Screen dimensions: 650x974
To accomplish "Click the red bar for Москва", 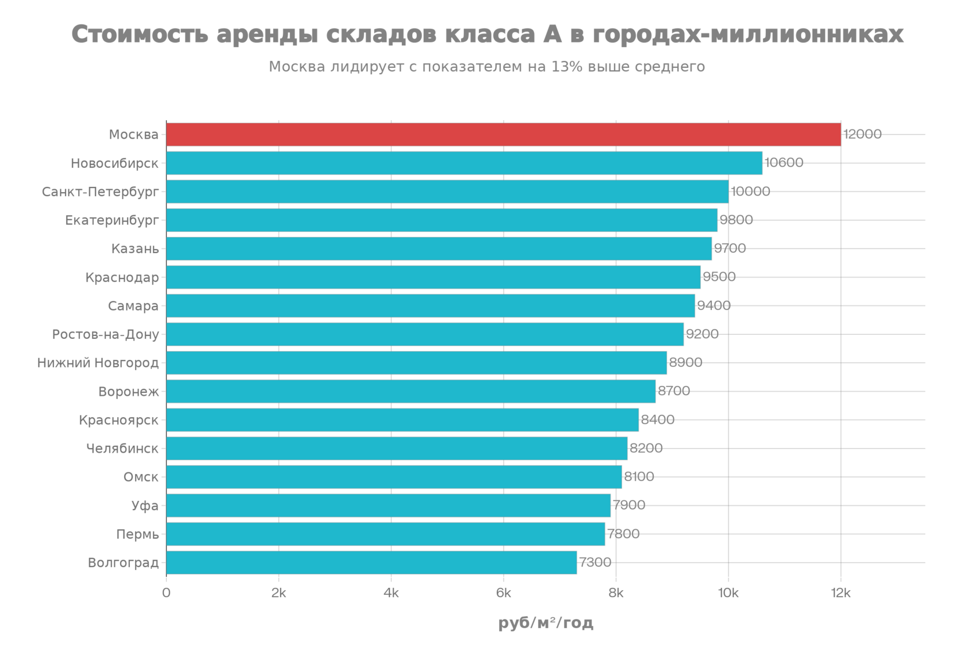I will click(503, 135).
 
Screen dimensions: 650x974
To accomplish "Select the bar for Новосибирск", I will click(465, 163).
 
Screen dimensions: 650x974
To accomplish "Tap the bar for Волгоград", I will click(372, 562).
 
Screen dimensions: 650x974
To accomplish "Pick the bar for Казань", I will click(439, 248).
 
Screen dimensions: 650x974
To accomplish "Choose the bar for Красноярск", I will click(403, 420).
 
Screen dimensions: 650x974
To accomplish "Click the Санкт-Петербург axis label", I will click(100, 192).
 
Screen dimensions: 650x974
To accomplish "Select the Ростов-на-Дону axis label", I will click(105, 334).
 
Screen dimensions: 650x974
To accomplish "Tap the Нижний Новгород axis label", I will click(97, 363).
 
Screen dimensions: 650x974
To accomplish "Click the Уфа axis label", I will click(144, 505).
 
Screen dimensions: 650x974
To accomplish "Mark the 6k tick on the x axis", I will click(504, 593).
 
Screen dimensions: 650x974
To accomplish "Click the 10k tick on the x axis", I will click(728, 593).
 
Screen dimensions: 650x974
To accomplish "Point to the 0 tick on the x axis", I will click(166, 593).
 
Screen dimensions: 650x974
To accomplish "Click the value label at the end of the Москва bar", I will click(862, 135).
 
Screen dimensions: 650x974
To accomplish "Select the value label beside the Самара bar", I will click(714, 306).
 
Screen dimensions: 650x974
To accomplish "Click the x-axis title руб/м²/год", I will click(546, 624).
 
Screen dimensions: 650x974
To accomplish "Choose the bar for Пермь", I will click(386, 534).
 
